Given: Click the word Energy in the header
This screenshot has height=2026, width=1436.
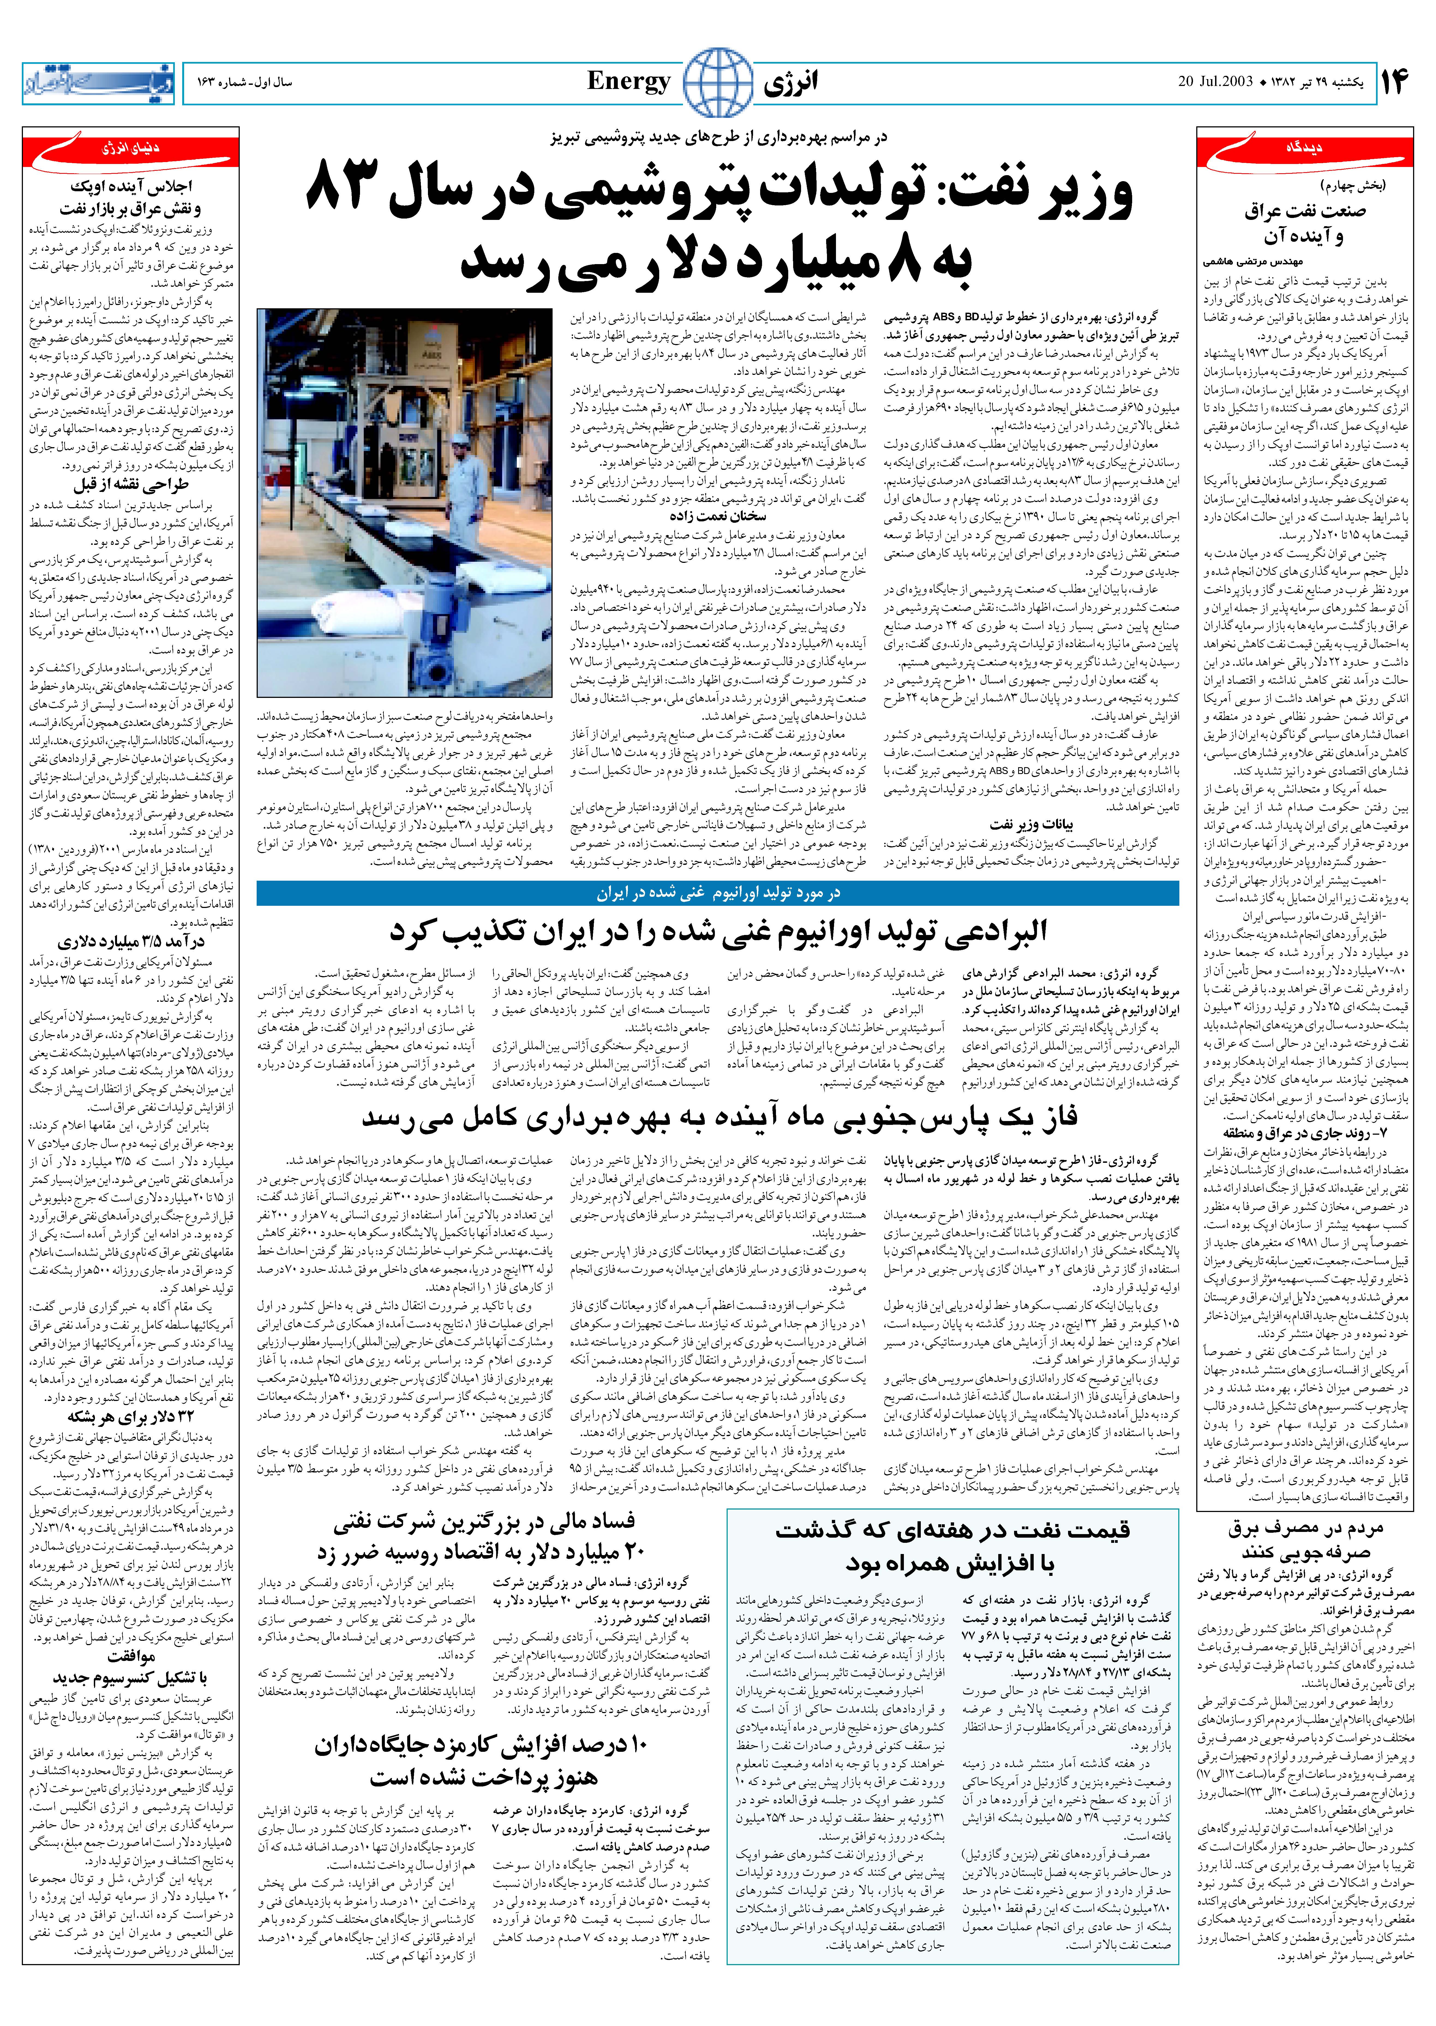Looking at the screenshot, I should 629,82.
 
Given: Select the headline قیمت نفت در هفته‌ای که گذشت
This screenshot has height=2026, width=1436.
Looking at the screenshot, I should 952,1531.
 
